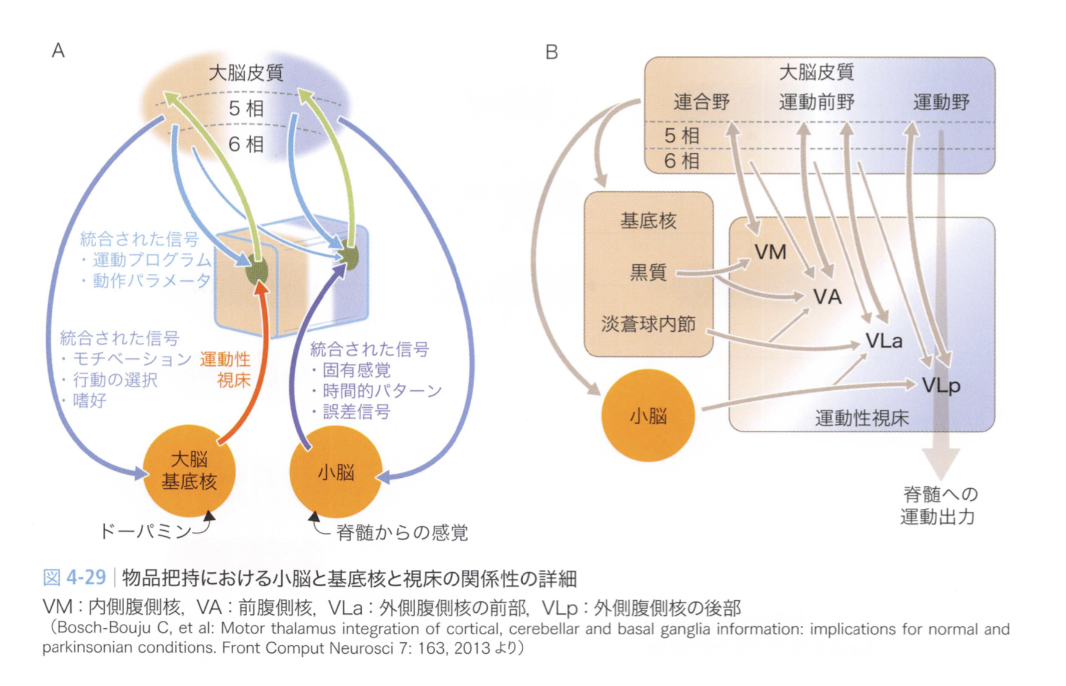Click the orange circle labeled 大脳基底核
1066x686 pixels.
[x=189, y=471]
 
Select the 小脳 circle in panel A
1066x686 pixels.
[x=335, y=472]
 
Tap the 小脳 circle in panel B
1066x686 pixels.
[x=648, y=416]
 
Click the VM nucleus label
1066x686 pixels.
[x=770, y=252]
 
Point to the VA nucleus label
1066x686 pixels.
[x=827, y=297]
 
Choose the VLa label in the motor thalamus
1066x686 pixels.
[x=884, y=341]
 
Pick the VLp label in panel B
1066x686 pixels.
[x=941, y=385]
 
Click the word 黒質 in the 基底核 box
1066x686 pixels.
[x=648, y=272]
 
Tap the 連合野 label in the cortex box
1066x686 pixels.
[x=701, y=102]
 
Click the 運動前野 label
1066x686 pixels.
[x=816, y=102]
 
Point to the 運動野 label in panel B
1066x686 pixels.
[x=941, y=102]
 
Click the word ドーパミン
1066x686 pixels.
[x=146, y=531]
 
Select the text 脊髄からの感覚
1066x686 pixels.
[x=402, y=533]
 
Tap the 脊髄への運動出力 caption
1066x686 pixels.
[x=939, y=505]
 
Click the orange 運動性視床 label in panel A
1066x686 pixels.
[x=226, y=369]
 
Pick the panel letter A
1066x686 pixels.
[x=58, y=51]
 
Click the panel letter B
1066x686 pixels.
[x=552, y=52]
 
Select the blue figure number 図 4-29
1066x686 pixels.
[x=74, y=577]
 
